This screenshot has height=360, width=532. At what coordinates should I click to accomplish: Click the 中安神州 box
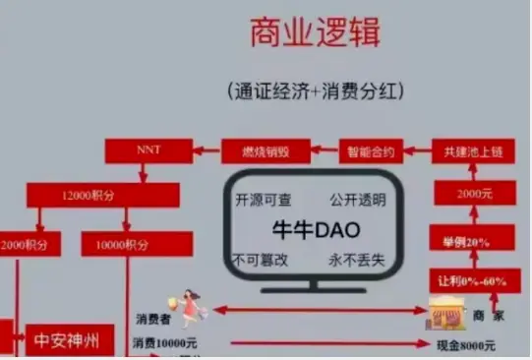[67, 342]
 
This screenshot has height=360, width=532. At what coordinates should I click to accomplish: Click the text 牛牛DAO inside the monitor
[315, 229]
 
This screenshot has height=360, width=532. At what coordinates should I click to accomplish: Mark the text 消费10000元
[165, 344]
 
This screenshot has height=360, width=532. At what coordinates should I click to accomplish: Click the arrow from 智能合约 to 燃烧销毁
[325, 151]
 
